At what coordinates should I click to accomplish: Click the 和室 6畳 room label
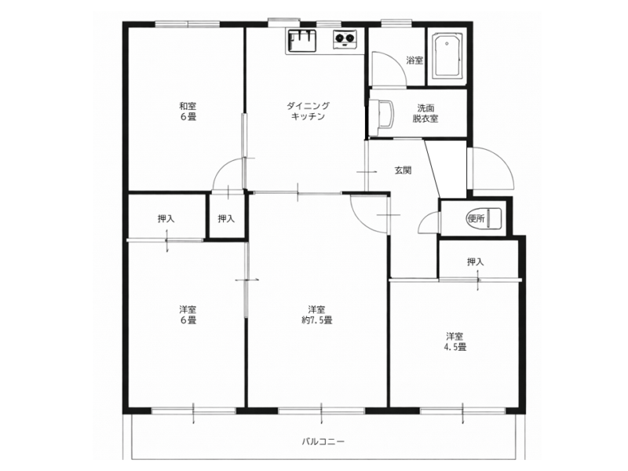[188, 111]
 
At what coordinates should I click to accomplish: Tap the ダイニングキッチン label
[308, 111]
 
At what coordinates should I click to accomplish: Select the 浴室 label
[414, 61]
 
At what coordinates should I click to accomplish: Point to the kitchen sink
[302, 42]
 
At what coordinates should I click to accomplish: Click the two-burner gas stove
[345, 39]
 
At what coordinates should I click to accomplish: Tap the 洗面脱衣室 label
[425, 113]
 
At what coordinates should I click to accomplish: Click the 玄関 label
[403, 170]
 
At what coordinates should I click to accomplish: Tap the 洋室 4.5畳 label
[455, 341]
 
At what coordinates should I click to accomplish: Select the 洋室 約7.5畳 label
[316, 315]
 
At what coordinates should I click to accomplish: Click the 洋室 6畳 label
[188, 315]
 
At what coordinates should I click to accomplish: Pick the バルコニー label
[323, 442]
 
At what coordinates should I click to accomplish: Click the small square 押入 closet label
[226, 219]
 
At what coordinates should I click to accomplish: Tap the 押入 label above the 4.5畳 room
[476, 262]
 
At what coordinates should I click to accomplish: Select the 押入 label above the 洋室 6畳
[166, 219]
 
